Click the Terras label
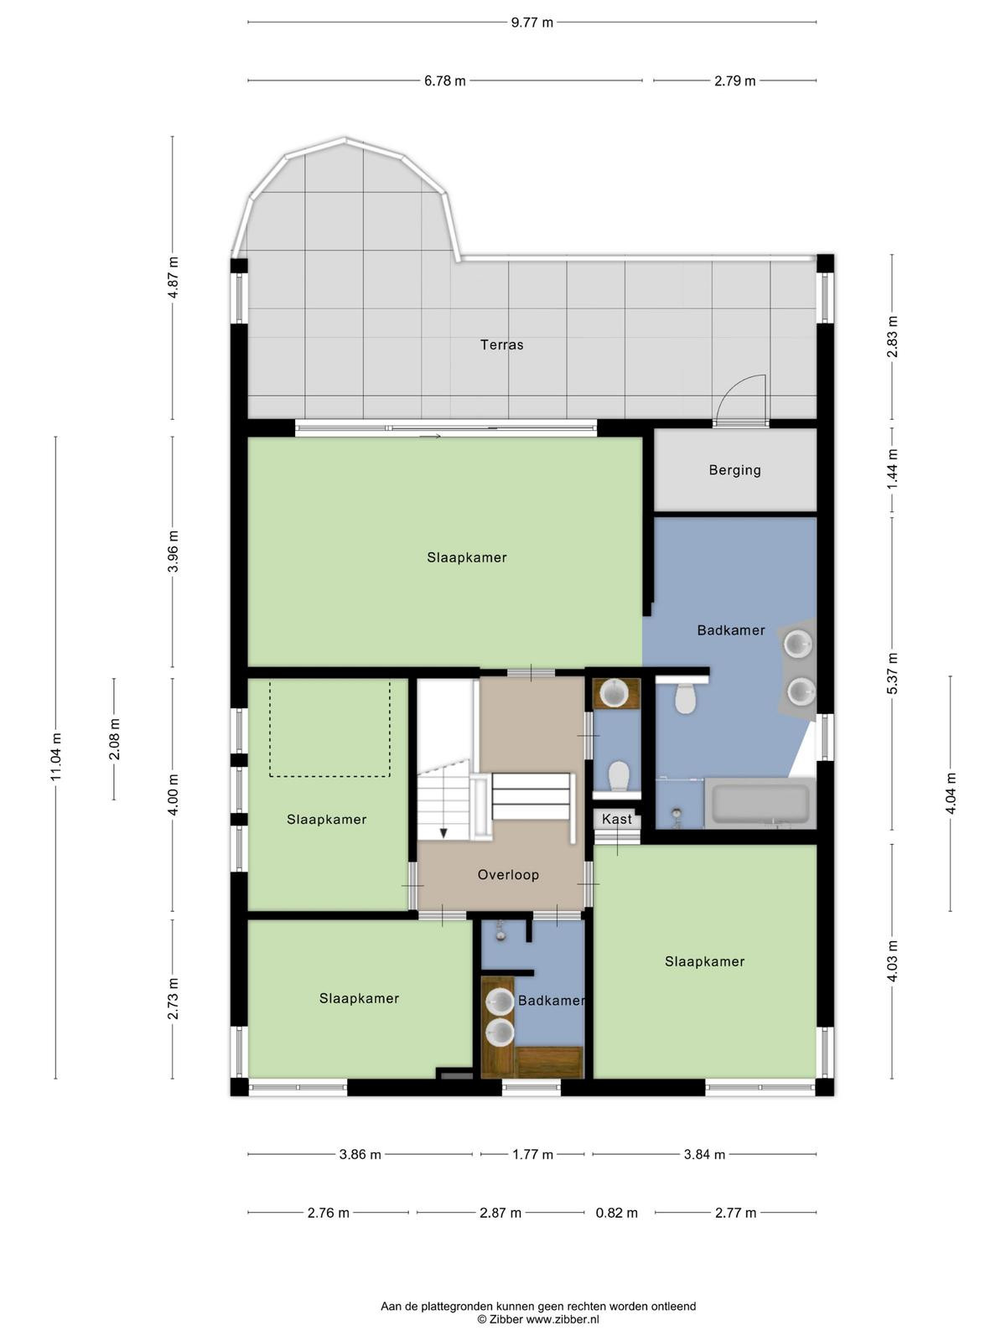pos(501,344)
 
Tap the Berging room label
pos(735,470)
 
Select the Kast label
pos(616,819)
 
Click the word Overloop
pos(508,875)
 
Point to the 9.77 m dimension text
pos(532,23)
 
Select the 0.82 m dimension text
pos(616,1213)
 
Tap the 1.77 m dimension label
pos(532,1154)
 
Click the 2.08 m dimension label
pos(114,738)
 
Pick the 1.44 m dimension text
pos(892,469)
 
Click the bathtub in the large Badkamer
pos(760,803)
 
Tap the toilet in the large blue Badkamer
pos(685,697)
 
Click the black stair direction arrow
pos(443,832)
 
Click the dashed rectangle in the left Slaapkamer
pos(329,729)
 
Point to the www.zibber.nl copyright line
pos(538,1319)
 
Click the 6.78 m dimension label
pos(444,80)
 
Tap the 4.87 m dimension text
pos(173,277)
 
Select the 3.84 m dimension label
pos(704,1154)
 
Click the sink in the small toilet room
pos(614,693)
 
